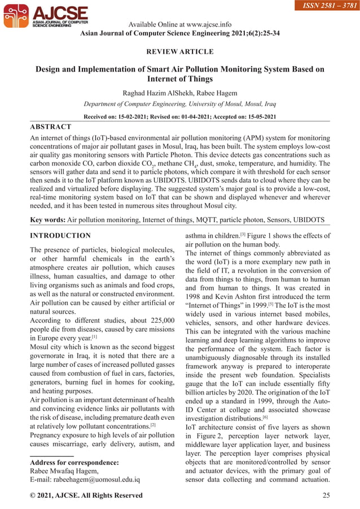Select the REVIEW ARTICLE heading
pyautogui.click(x=180, y=52)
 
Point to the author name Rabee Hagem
pyautogui.click(x=216, y=93)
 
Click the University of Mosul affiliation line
pyautogui.click(x=180, y=104)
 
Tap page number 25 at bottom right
pyautogui.click(x=326, y=495)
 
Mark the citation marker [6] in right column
pyautogui.click(x=265, y=418)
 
